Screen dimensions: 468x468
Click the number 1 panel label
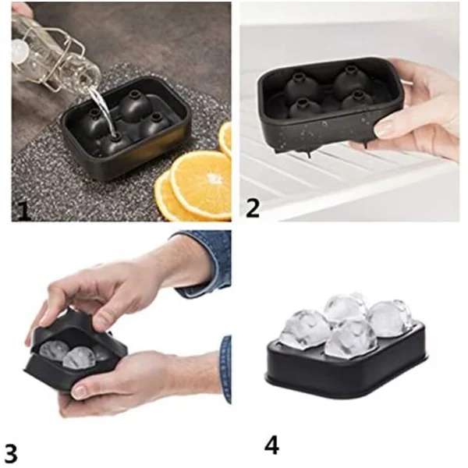23,209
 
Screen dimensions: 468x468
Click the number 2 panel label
253,207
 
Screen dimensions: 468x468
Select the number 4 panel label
271,445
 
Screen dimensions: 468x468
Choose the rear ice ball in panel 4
345,306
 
